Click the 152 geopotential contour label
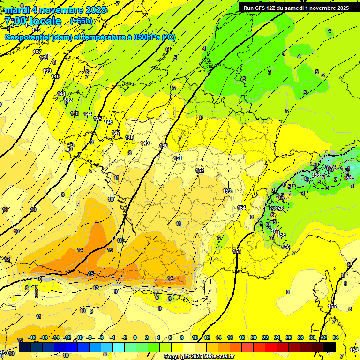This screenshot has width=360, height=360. [200, 171]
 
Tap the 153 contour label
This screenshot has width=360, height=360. [227, 191]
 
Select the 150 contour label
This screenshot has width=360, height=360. [164, 146]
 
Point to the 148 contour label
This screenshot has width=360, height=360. [130, 137]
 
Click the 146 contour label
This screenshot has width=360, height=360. [108, 122]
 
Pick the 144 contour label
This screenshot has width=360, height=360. [88, 114]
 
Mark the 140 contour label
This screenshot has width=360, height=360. [55, 76]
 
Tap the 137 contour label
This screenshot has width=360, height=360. [37, 52]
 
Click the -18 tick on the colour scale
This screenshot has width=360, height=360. [32, 337]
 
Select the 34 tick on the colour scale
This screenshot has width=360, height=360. [336, 337]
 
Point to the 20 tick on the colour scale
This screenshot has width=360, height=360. [254, 337]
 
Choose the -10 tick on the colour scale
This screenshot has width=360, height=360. [79, 337]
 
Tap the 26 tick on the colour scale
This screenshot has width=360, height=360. [289, 337]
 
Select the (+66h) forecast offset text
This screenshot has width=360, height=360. [81, 21]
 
